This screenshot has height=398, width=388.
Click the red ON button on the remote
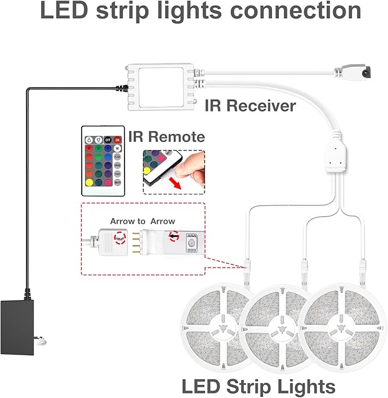tap(117, 140)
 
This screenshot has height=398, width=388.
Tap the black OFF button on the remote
tap(107, 140)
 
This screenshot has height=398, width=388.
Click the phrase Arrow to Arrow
tap(143, 221)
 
